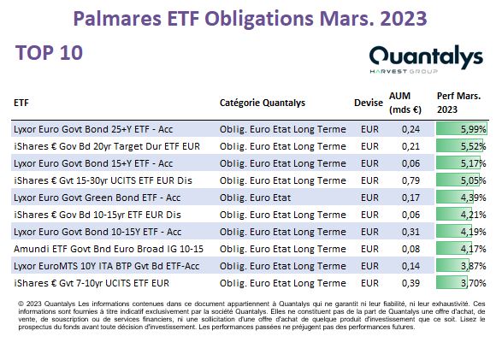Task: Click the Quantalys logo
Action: point(426,60)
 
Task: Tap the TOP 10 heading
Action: point(49,52)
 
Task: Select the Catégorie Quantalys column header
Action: point(263,103)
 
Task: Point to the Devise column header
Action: point(369,103)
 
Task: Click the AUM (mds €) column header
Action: point(405,103)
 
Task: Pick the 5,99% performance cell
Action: point(462,129)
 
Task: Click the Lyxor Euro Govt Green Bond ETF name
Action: point(97,198)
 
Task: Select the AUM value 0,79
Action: point(410,180)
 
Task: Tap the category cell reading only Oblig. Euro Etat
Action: point(255,198)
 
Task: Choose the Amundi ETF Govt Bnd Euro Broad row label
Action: point(109,249)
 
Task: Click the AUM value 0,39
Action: point(410,283)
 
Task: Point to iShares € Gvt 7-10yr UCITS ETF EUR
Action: point(92,283)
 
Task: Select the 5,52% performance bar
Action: point(462,146)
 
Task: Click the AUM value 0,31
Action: point(410,232)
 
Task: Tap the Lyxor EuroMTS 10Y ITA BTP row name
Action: point(107,266)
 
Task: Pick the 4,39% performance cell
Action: point(462,198)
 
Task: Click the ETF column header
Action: point(21,103)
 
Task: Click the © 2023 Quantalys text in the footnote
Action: point(47,304)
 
